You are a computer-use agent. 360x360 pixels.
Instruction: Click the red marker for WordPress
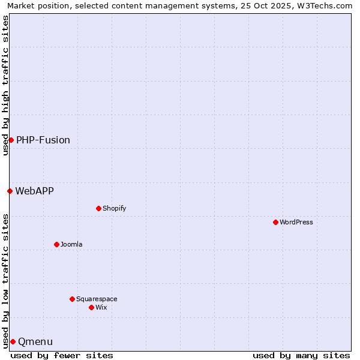(x=275, y=222)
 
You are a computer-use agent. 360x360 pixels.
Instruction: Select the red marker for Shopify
(x=98, y=208)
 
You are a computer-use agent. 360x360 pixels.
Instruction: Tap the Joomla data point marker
(x=56, y=244)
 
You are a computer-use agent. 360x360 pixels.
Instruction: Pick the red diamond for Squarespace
(x=72, y=299)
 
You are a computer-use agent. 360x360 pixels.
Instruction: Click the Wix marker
(x=91, y=307)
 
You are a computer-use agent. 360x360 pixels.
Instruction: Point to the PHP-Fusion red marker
(x=11, y=140)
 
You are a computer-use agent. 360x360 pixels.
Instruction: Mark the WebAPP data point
(x=10, y=191)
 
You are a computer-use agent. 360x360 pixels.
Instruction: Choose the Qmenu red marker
(x=13, y=341)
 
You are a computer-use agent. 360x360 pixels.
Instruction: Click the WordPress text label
(x=296, y=222)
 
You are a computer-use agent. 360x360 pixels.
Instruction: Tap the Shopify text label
(x=114, y=208)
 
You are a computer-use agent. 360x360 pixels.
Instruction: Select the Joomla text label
(x=71, y=244)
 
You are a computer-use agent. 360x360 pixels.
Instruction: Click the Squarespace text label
(x=97, y=299)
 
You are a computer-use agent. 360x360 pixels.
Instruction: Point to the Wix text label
(x=101, y=307)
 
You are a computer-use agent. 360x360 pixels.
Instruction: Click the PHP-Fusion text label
(x=43, y=140)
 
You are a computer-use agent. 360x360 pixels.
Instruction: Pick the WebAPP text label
(x=34, y=191)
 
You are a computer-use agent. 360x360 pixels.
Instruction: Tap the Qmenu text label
(x=35, y=341)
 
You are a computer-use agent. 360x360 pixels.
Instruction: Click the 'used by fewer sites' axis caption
(x=62, y=355)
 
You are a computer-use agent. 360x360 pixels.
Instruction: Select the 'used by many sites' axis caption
(x=301, y=355)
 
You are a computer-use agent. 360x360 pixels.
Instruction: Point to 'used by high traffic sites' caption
(x=6, y=85)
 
